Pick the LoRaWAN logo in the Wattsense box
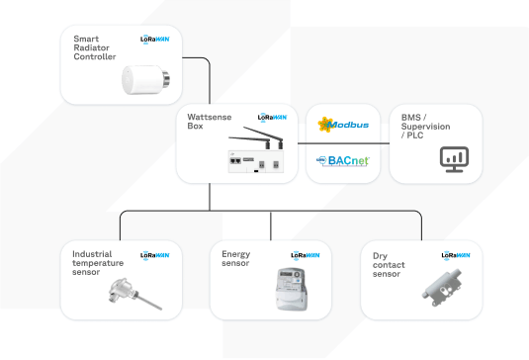point(272,117)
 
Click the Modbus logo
point(343,125)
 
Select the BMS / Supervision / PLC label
point(426,126)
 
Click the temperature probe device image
point(122,293)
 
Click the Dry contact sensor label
point(387,265)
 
